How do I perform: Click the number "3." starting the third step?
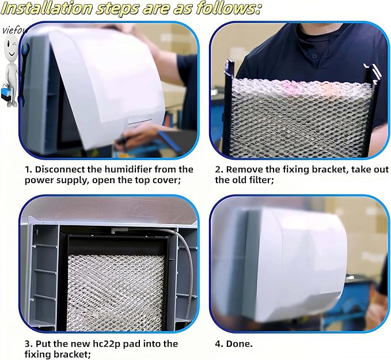click(x=28, y=344)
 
